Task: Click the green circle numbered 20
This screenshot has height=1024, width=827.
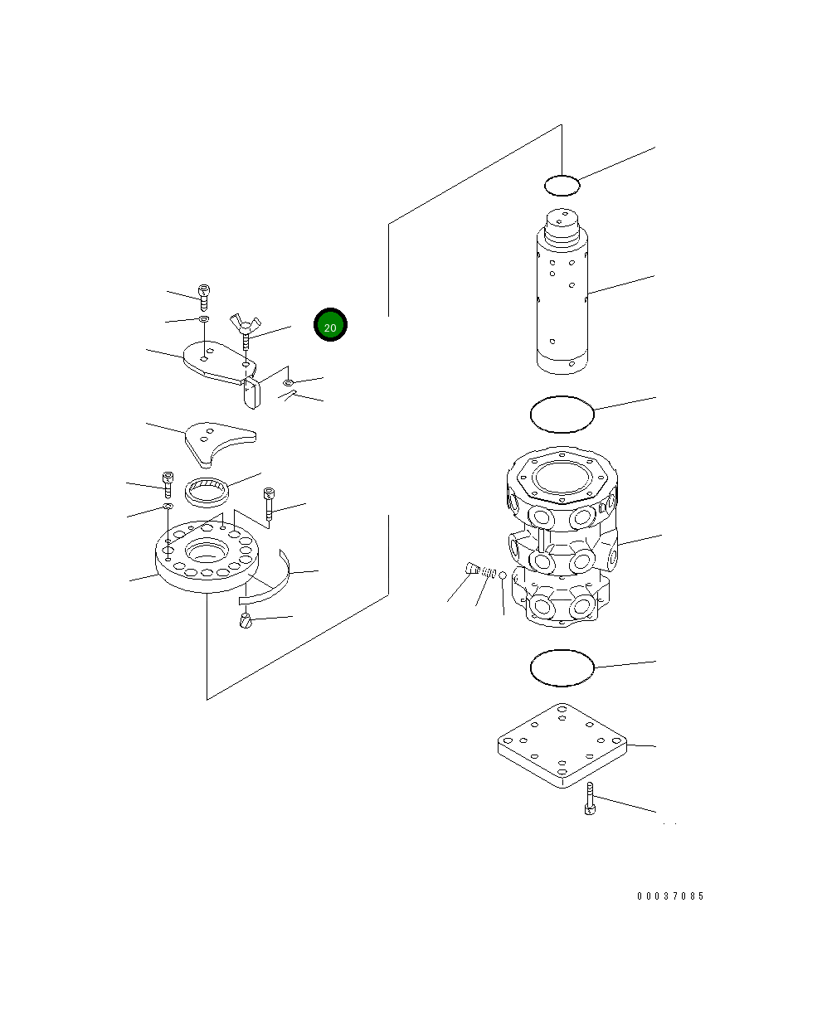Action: click(330, 324)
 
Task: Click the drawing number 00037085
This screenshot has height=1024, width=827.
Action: click(669, 895)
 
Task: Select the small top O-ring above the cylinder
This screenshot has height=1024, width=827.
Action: click(562, 186)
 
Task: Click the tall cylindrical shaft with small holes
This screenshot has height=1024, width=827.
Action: click(562, 291)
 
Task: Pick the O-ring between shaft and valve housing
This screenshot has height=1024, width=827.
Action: click(562, 414)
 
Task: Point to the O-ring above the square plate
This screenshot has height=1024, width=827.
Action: click(562, 667)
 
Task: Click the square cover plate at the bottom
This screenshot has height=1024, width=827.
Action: click(562, 745)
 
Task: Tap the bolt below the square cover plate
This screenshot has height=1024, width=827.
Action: click(590, 798)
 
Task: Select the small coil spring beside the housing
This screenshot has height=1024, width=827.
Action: click(489, 572)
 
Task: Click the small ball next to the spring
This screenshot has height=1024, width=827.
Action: click(503, 575)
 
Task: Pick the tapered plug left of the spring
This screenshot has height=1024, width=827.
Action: click(473, 568)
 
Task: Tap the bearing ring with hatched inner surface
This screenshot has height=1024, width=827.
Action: click(207, 492)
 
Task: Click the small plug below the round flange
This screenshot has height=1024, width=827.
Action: click(246, 621)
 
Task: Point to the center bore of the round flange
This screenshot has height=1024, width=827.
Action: click(207, 550)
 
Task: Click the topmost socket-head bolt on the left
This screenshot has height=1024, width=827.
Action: click(204, 298)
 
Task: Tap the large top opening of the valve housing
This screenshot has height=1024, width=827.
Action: click(562, 477)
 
